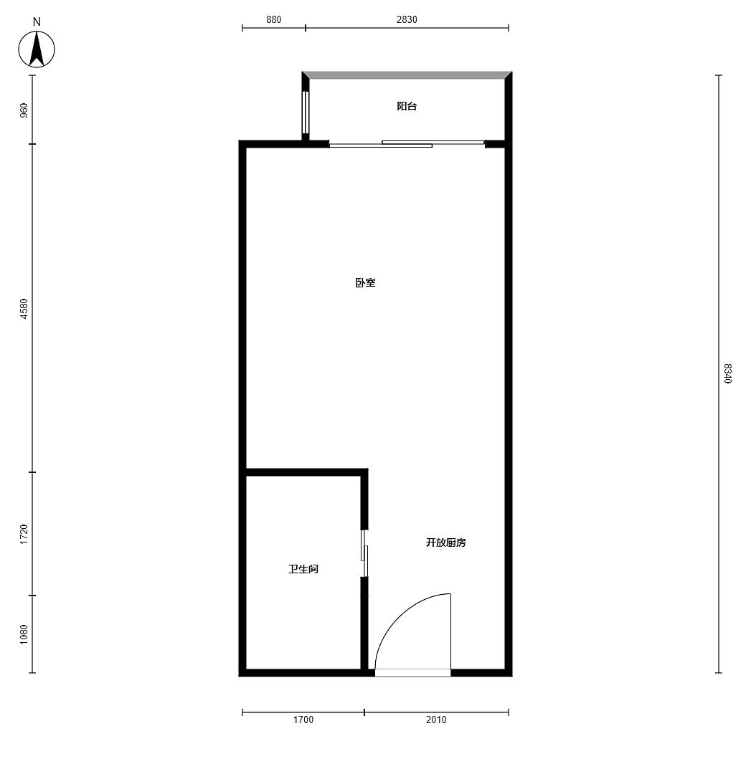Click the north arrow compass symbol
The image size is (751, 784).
(37, 49)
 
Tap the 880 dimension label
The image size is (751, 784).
(274, 19)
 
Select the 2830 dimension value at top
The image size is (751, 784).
(407, 19)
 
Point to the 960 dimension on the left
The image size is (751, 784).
(24, 110)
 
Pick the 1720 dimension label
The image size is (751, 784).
(24, 534)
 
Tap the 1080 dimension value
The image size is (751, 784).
(24, 634)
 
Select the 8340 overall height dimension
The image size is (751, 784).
(727, 373)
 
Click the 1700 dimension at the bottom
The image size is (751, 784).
(303, 720)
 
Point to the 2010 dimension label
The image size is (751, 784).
(436, 720)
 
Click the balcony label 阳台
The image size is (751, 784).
(407, 106)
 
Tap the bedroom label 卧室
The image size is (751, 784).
(365, 282)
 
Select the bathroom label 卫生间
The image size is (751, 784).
(303, 569)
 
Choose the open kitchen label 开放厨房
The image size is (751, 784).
(446, 542)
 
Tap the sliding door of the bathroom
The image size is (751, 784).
(364, 553)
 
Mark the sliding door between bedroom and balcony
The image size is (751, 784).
(406, 144)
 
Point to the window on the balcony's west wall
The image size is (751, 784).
(305, 112)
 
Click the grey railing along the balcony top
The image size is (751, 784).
(407, 75)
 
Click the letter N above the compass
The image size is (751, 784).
(37, 22)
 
